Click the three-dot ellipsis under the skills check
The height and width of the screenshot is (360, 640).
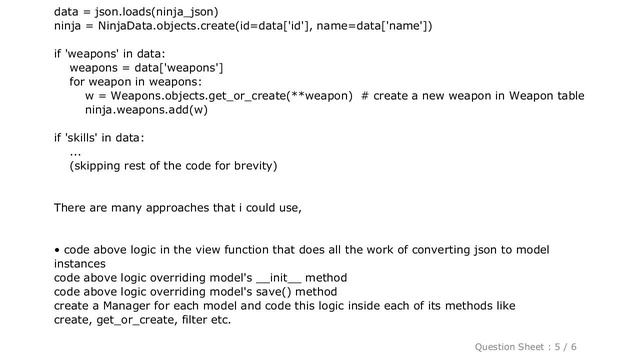click(75, 151)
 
